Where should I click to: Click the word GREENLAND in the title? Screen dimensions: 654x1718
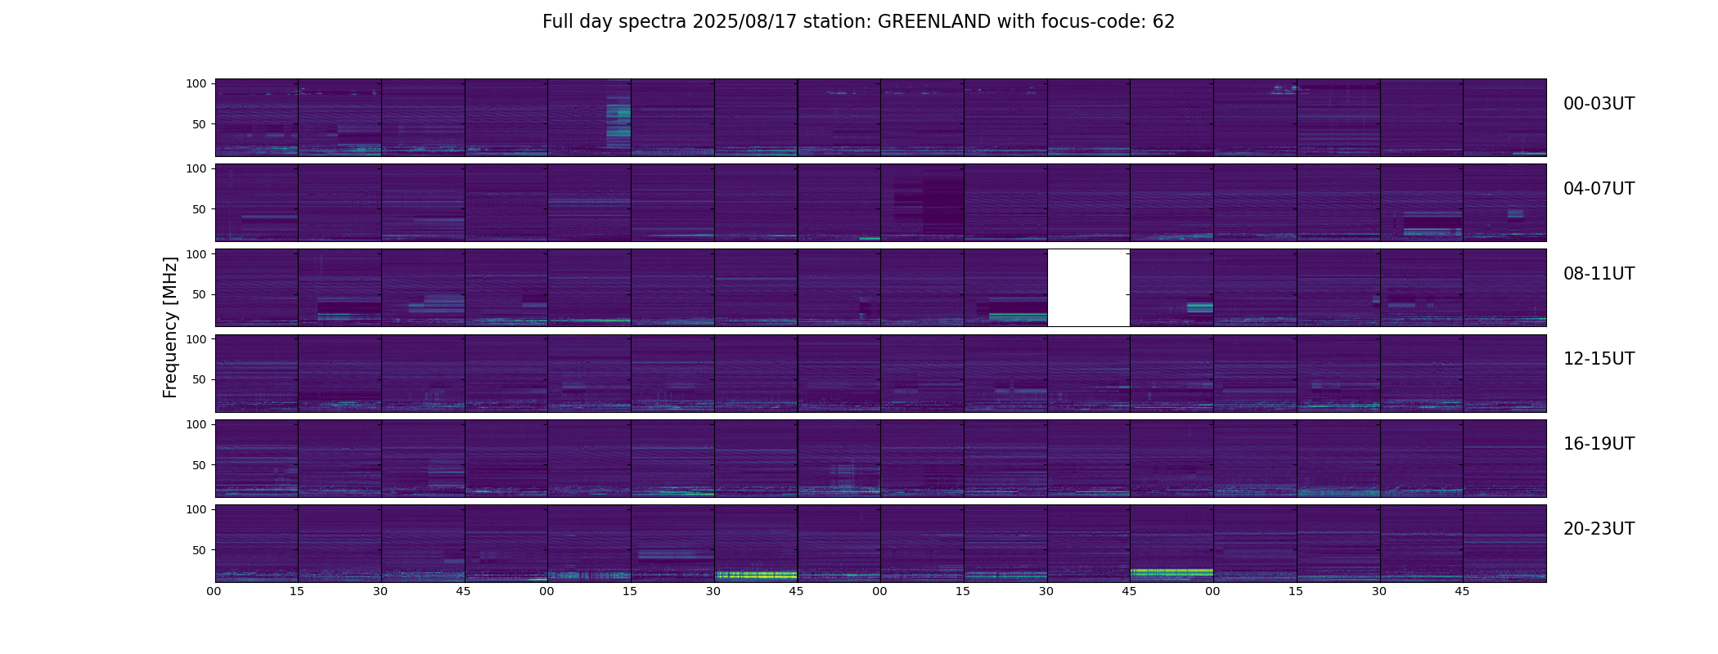tap(934, 22)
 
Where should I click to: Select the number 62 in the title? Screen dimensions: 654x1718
tap(1163, 22)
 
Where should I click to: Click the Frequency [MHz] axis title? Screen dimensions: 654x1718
tap(170, 327)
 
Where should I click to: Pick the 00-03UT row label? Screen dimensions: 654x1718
tap(1599, 104)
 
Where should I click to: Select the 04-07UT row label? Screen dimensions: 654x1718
tap(1599, 189)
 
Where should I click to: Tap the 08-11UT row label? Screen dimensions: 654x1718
tap(1599, 274)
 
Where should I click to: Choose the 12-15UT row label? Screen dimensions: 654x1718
tap(1599, 359)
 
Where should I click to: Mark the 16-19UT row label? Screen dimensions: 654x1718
tap(1599, 444)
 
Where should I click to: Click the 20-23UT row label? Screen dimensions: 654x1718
tap(1599, 529)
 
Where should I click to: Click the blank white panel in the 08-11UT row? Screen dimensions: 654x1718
tap(1088, 288)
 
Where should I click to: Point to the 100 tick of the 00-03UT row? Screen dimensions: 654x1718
tap(196, 83)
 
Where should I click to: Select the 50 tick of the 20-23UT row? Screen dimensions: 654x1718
tap(199, 550)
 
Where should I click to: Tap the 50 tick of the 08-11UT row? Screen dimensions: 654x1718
tap(199, 294)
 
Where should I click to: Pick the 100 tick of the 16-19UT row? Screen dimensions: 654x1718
tap(196, 424)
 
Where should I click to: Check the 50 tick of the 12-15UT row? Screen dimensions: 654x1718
tap(199, 379)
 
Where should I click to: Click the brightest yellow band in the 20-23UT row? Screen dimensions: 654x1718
tap(756, 575)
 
